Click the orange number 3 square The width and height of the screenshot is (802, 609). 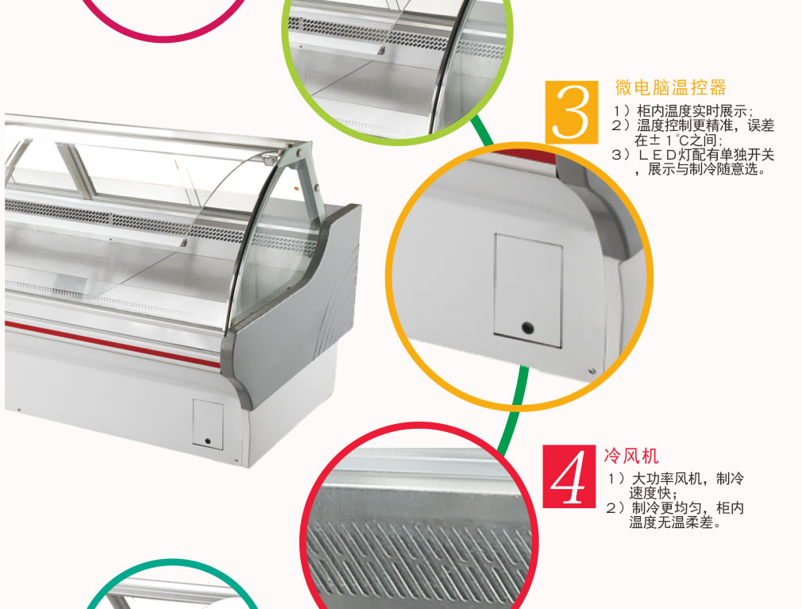[x=571, y=113]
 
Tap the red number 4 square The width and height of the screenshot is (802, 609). [x=569, y=476]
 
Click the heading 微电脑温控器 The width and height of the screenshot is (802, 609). [x=670, y=87]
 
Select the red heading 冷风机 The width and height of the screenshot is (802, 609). [x=631, y=455]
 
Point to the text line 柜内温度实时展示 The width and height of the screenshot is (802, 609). [x=682, y=111]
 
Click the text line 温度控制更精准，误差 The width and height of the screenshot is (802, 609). [x=693, y=125]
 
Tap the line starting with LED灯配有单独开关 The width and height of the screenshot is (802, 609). [x=693, y=154]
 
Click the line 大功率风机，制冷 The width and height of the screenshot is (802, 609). [x=675, y=479]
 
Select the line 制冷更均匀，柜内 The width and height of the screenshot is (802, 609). [x=675, y=507]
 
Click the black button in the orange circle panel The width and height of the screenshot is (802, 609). [x=526, y=327]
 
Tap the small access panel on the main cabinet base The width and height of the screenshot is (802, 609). [x=208, y=425]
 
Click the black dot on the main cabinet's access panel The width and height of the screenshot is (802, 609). [x=208, y=441]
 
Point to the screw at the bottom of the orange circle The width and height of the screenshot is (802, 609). [x=592, y=371]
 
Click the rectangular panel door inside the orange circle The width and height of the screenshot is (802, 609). [x=528, y=291]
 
